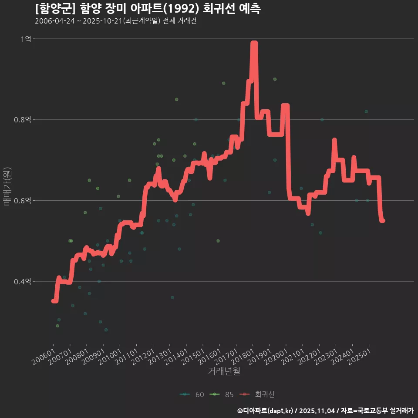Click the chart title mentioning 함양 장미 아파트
[148, 9]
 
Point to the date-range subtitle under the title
[115, 21]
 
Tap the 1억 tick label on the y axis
[26, 39]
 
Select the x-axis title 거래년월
[224, 371]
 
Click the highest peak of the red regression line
[254, 44]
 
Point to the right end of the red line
[382, 221]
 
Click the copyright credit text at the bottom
[325, 410]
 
